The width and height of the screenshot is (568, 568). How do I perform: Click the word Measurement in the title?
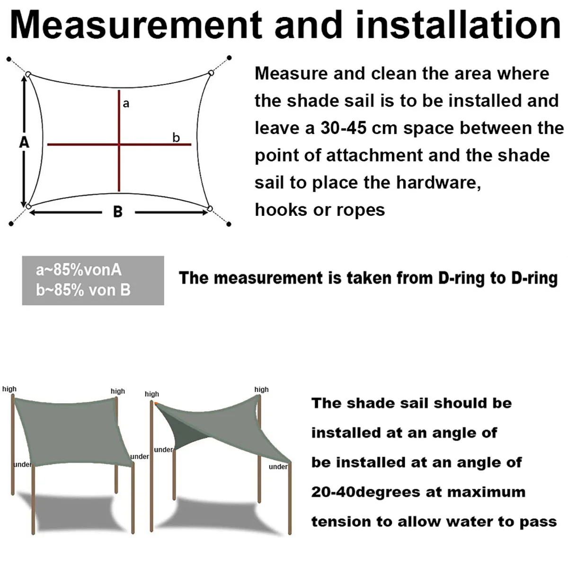[136, 25]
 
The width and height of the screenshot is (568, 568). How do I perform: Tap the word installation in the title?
[459, 25]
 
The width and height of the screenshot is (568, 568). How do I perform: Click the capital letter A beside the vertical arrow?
[24, 142]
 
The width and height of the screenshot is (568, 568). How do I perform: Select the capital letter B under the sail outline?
[118, 212]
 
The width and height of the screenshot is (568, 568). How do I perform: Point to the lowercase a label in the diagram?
[126, 104]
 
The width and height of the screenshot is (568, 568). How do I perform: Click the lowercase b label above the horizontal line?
[176, 137]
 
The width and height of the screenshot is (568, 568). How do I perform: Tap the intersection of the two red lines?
[119, 144]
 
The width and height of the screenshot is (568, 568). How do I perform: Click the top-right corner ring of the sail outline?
[211, 73]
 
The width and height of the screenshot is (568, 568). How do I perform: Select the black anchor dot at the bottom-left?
[11, 224]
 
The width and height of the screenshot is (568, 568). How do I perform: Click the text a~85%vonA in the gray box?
[79, 270]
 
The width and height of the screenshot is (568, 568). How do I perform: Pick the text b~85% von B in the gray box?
[83, 290]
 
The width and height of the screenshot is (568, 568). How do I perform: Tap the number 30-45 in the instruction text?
[343, 128]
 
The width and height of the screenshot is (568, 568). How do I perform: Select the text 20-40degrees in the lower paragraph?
[364, 492]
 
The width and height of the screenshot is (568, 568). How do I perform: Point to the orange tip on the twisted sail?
[156, 403]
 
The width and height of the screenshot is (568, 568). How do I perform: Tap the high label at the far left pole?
[9, 389]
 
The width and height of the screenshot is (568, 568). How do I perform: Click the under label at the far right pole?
[278, 467]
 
